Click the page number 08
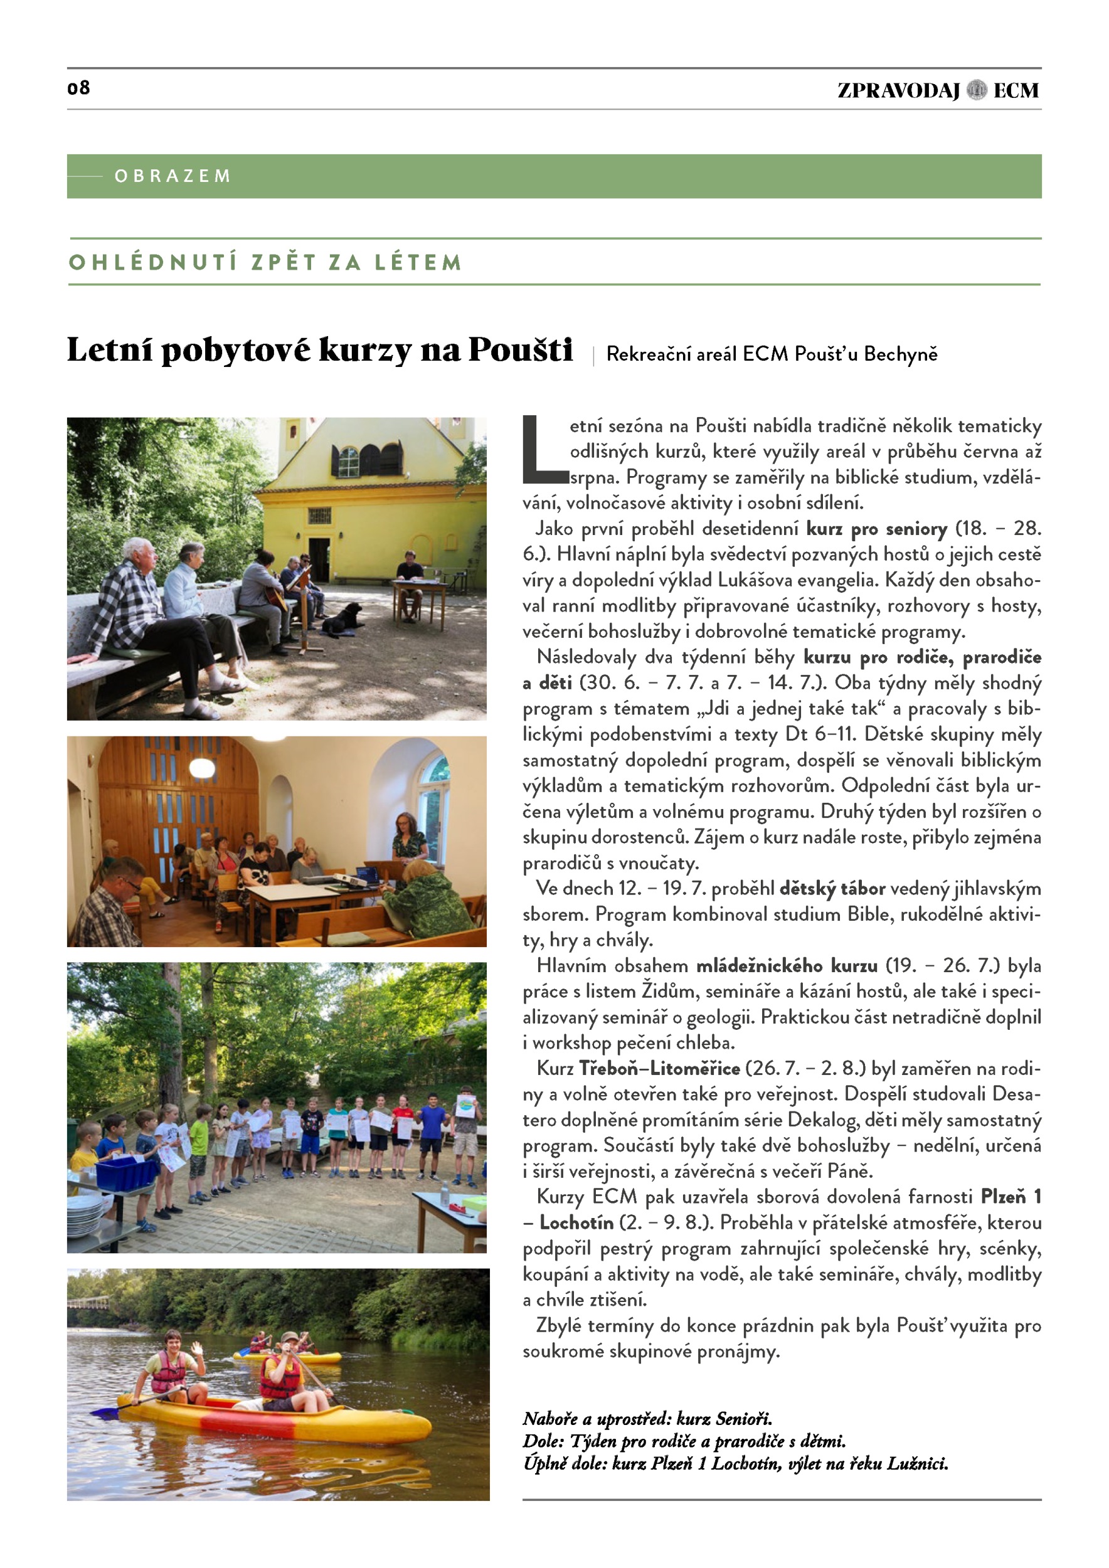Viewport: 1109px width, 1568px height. tap(78, 87)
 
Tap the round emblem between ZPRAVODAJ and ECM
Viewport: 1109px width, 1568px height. tap(977, 90)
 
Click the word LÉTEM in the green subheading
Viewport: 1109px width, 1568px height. tap(418, 262)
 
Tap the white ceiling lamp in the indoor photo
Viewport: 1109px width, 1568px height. tap(202, 768)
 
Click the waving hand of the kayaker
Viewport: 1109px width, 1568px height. tap(198, 1347)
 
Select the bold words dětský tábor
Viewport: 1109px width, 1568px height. tap(832, 889)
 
